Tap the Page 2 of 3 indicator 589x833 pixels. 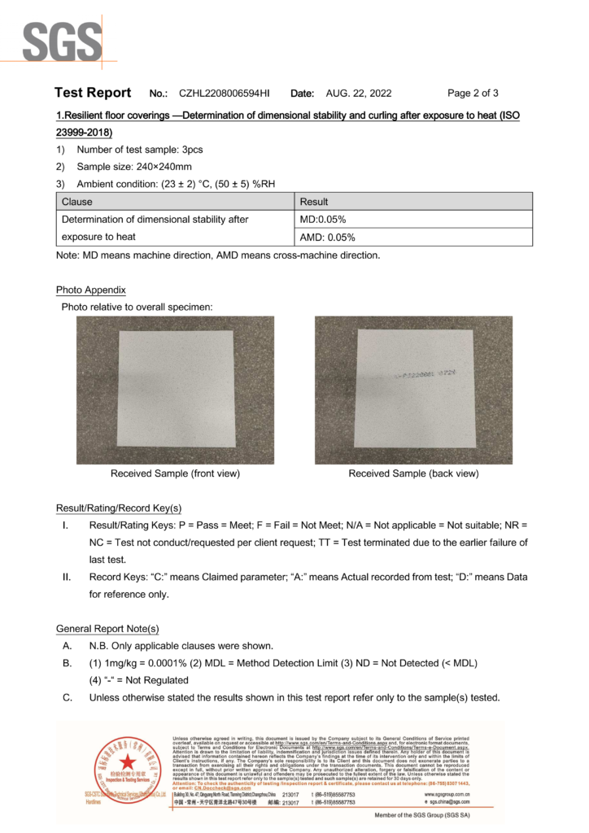coord(473,93)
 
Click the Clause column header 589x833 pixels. coord(77,202)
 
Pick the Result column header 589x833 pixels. coord(314,202)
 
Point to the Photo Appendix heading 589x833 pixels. coord(91,290)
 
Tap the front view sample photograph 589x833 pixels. coord(175,389)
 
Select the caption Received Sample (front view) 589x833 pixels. coord(175,473)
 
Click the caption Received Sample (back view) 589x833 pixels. coord(413,473)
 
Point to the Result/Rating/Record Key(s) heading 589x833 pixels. coord(119,508)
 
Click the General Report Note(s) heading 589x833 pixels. coord(107,629)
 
